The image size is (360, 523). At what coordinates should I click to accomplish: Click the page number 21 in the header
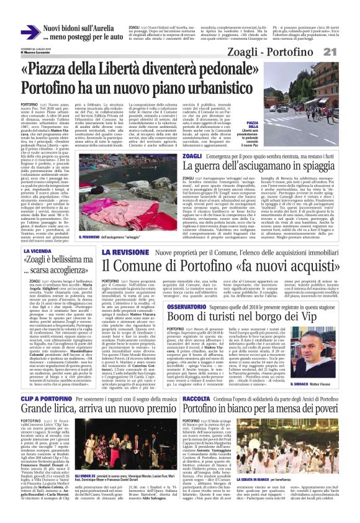coord(346,53)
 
